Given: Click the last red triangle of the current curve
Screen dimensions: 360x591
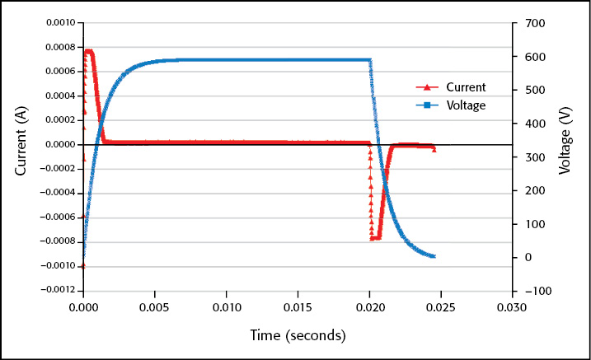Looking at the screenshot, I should click(434, 150).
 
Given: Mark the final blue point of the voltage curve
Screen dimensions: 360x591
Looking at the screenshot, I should click(434, 256).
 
